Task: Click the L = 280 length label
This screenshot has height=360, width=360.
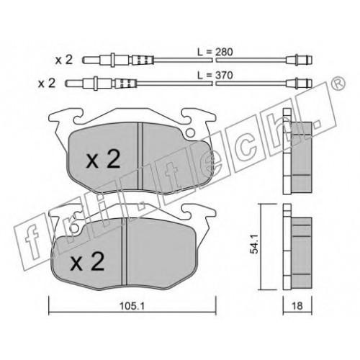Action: (x=215, y=52)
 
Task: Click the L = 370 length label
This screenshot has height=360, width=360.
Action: (x=215, y=76)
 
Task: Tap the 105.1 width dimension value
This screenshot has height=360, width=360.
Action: (x=132, y=306)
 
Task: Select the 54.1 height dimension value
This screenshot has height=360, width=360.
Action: (x=253, y=244)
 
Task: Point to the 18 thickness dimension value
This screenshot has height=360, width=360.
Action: (x=297, y=306)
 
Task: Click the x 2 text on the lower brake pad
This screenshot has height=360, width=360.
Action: (x=87, y=261)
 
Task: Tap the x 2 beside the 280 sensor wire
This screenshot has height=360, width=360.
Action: (x=64, y=60)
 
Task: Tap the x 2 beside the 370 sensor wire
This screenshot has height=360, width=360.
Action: (x=47, y=83)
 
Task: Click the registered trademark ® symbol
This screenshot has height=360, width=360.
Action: (x=338, y=84)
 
